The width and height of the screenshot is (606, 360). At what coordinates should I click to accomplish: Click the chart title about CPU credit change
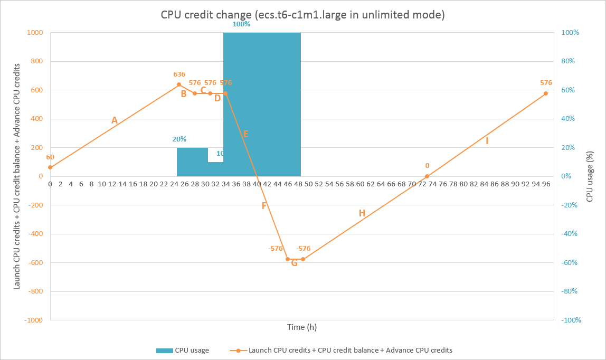tap(302, 15)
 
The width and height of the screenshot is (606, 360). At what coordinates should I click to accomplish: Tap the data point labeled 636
tap(179, 84)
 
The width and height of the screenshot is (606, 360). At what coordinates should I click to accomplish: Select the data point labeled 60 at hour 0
tap(50, 167)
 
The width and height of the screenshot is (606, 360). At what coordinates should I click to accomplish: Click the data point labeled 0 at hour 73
tap(427, 176)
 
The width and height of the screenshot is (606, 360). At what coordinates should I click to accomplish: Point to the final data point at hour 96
tap(546, 93)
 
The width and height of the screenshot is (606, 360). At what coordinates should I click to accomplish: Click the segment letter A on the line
tap(114, 120)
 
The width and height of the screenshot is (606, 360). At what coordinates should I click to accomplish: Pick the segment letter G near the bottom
tap(295, 263)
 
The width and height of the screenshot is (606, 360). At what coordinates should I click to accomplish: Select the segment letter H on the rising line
tap(362, 213)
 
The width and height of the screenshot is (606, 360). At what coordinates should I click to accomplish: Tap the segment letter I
tap(487, 141)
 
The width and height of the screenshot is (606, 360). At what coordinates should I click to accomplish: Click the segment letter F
tap(264, 206)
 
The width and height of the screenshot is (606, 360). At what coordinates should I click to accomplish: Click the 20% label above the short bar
tap(179, 139)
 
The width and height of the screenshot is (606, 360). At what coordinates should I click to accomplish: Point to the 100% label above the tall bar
tap(241, 24)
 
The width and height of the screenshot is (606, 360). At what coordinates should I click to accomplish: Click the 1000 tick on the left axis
tap(35, 33)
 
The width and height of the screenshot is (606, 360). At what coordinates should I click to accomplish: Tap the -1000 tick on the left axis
tap(33, 320)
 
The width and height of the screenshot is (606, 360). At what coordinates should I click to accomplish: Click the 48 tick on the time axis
tap(298, 184)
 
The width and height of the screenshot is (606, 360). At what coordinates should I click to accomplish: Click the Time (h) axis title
tap(302, 327)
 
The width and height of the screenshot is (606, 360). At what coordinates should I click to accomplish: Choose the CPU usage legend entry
tap(182, 350)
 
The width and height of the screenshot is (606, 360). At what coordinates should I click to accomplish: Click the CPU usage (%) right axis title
tap(590, 175)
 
